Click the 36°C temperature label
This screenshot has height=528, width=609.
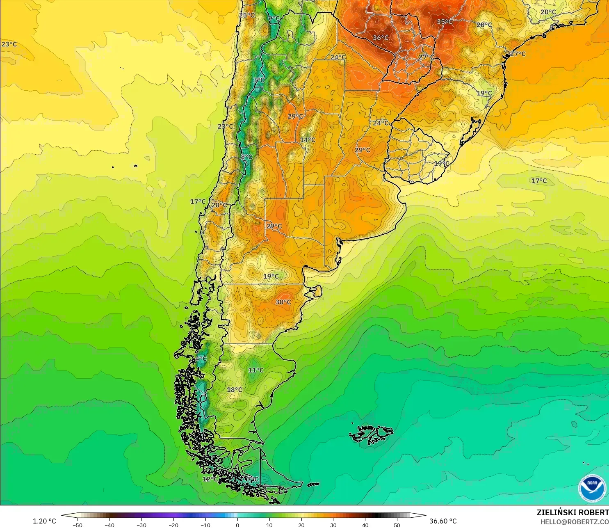380,38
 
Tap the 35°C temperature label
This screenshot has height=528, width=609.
445,22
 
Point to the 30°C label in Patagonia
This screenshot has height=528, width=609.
283,302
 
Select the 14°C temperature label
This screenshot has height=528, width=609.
308,140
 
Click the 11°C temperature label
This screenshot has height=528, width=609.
255,370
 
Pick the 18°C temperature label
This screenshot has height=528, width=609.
235,390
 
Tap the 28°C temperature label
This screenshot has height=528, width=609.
219,205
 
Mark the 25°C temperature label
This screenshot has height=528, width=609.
247,16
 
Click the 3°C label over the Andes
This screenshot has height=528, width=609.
259,80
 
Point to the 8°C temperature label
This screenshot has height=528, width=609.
246,157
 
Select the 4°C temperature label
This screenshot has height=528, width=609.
201,359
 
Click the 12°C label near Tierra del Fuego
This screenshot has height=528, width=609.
210,479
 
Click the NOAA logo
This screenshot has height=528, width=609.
592,488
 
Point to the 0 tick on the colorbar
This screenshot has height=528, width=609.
237,525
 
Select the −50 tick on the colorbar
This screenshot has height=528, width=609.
77,525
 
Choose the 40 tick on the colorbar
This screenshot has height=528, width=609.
365,525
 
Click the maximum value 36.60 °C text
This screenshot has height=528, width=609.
443,521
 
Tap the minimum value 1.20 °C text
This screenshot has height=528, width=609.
44,521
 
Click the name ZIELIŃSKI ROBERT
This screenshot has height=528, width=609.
573,512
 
